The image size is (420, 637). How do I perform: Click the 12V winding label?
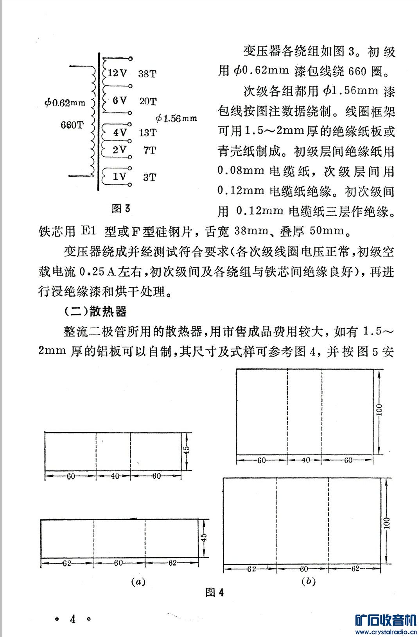(x=117, y=73)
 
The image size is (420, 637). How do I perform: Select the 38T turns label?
(x=147, y=73)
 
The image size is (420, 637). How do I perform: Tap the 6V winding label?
(x=120, y=100)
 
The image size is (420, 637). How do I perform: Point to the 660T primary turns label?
(x=72, y=125)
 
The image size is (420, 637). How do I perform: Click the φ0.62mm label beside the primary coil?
(x=65, y=103)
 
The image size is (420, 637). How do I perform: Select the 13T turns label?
(x=147, y=132)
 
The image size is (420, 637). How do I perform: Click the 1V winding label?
(x=120, y=177)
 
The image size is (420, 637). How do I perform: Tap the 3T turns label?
(x=149, y=177)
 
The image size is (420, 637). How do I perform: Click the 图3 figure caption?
(x=121, y=208)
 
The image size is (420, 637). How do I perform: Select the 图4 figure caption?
(x=215, y=592)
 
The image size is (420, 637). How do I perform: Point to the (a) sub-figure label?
(x=138, y=581)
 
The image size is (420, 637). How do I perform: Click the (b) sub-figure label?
(x=308, y=581)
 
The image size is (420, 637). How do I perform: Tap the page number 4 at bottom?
(x=73, y=619)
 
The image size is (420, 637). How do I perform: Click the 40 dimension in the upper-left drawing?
(x=114, y=476)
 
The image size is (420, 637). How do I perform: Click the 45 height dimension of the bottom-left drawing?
(x=203, y=538)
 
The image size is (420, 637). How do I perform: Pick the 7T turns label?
(x=149, y=150)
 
